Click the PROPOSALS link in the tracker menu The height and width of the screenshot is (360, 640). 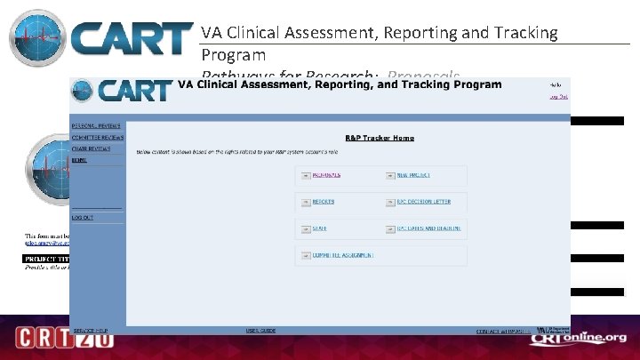(326, 175)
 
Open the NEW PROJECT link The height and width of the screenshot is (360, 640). (413, 175)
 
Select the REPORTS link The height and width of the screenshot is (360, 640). (323, 202)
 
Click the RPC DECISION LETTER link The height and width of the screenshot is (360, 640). (423, 202)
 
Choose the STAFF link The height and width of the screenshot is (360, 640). (319, 228)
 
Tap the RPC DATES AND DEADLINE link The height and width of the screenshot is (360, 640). (428, 228)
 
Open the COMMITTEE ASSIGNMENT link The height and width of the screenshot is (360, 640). (342, 255)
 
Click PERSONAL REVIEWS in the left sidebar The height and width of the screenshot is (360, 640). (96, 125)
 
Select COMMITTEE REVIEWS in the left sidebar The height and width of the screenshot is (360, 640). (98, 138)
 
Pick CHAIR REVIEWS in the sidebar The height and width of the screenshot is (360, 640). (92, 149)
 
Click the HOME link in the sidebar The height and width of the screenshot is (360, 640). (80, 160)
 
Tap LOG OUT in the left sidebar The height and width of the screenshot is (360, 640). (83, 217)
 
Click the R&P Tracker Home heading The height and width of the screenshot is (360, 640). (380, 138)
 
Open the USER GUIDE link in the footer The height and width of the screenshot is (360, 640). (260, 331)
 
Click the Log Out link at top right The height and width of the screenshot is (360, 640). (558, 96)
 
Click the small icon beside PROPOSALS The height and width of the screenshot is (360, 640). (305, 176)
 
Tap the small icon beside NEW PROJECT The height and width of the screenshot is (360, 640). (389, 176)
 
